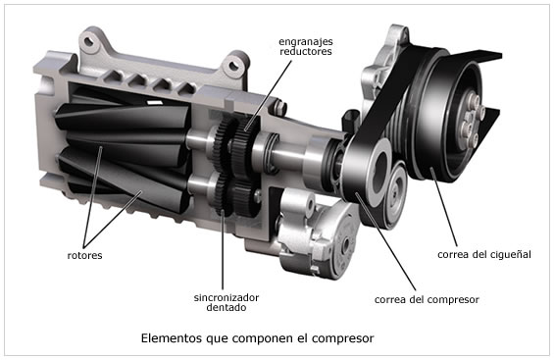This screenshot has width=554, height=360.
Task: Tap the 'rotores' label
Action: (x=87, y=255)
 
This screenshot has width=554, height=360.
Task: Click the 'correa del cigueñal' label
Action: (x=483, y=255)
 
